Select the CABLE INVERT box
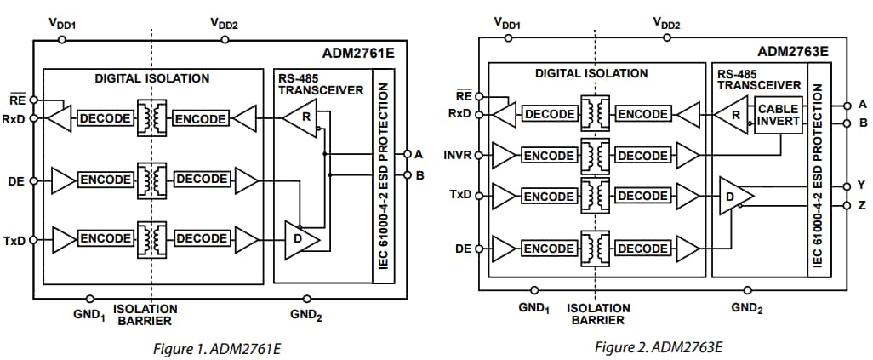pyautogui.click(x=778, y=115)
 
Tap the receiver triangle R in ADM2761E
pyautogui.click(x=300, y=117)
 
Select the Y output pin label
pyautogui.click(x=862, y=185)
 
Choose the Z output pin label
pyautogui.click(x=862, y=205)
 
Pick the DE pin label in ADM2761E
pyautogui.click(x=16, y=180)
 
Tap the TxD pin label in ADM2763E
pyautogui.click(x=460, y=195)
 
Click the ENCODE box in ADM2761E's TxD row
pyautogui.click(x=106, y=237)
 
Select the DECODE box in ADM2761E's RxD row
pyautogui.click(x=106, y=118)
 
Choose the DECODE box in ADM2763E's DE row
pyautogui.click(x=642, y=249)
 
